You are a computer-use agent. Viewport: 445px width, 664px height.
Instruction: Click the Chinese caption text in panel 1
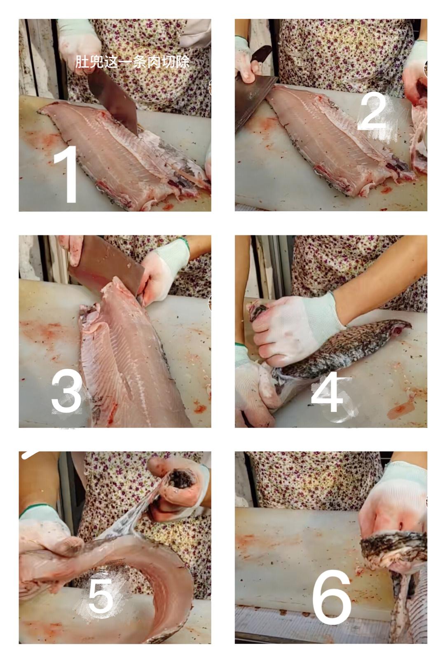tap(132, 62)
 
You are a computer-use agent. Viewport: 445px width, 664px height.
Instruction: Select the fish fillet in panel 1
tap(122, 151)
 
